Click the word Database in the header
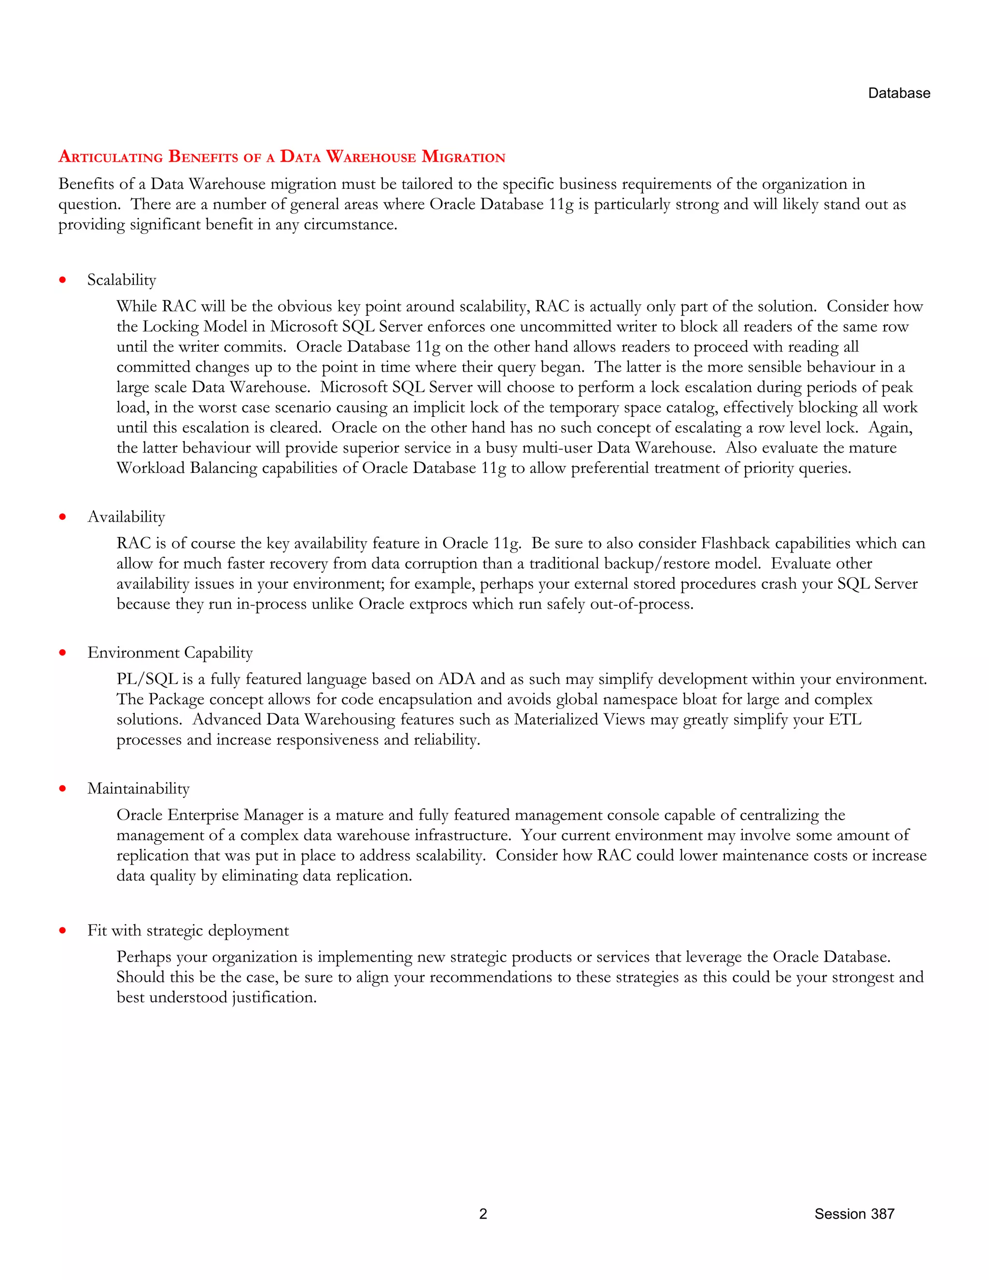click(x=899, y=93)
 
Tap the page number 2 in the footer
click(x=483, y=1213)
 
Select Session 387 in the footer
click(x=854, y=1213)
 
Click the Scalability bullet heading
click(x=122, y=280)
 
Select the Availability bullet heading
click(x=126, y=517)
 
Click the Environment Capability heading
click(x=170, y=653)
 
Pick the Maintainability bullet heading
click(x=138, y=789)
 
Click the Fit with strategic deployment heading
click(x=188, y=931)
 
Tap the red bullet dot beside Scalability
click(x=63, y=280)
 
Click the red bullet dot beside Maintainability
click(x=63, y=789)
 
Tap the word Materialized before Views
click(x=556, y=720)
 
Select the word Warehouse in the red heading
click(x=371, y=157)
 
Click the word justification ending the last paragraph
click(x=274, y=997)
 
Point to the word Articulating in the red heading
click(x=111, y=157)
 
